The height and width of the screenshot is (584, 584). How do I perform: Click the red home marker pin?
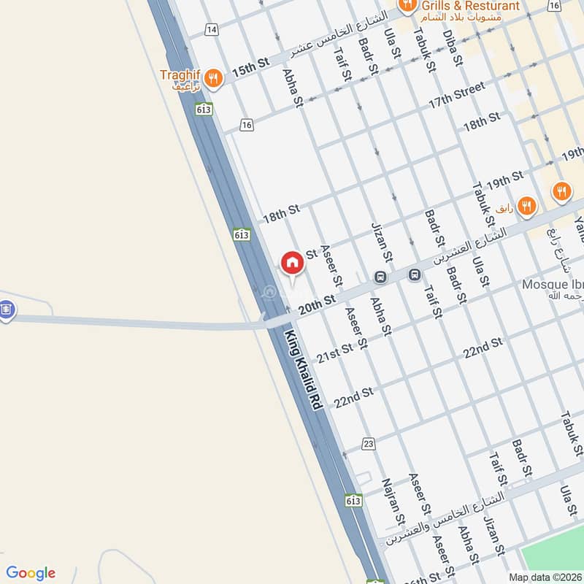tap(291, 264)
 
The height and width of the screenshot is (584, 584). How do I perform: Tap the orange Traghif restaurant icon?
tap(212, 77)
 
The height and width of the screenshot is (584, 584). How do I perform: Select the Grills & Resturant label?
tap(471, 6)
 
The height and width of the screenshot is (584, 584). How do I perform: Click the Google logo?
tap(31, 573)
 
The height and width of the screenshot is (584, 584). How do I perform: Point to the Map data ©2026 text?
tap(546, 577)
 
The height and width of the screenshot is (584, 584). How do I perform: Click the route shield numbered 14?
tap(212, 29)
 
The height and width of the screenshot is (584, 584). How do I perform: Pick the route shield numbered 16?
tap(247, 125)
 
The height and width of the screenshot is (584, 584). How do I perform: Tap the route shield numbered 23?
tap(368, 444)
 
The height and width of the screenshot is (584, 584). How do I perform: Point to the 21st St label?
tap(335, 353)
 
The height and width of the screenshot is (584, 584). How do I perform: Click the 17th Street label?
tap(456, 96)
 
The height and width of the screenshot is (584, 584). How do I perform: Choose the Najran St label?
tap(392, 502)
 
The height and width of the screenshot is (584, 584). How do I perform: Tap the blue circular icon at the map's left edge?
tap(7, 310)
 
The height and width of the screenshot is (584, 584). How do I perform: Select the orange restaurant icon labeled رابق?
tap(527, 207)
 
